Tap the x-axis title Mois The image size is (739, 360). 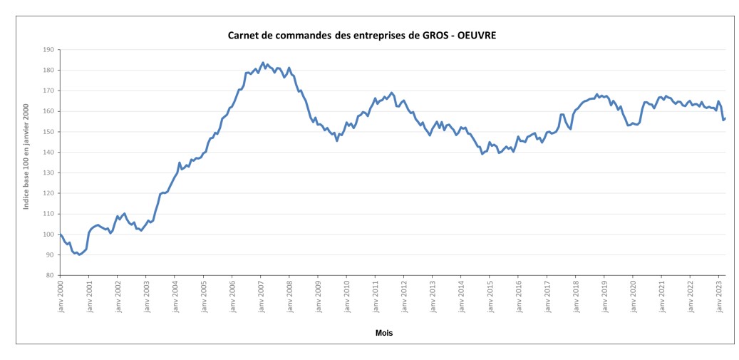[384, 333]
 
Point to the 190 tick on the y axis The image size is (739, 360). [48, 50]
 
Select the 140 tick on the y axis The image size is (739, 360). [48, 153]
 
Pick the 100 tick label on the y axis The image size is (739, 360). [48, 235]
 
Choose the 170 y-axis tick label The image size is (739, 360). [48, 91]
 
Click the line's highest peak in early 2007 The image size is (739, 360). [263, 63]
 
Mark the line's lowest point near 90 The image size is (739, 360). [79, 254]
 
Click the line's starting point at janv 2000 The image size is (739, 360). [61, 235]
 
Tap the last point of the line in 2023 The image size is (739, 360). [725, 118]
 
